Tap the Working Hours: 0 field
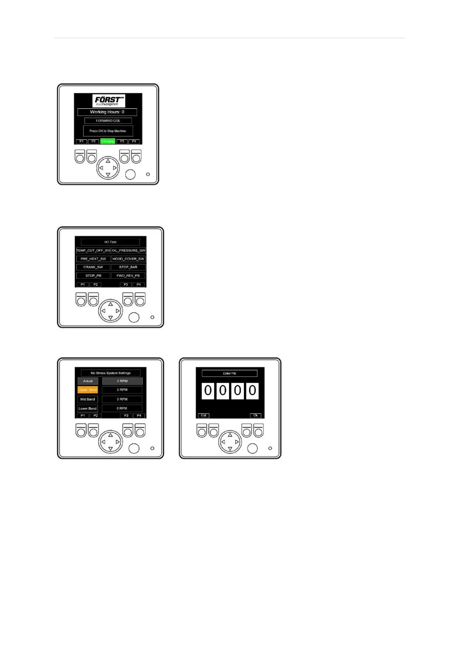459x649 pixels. (x=107, y=112)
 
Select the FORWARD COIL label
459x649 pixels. (x=108, y=121)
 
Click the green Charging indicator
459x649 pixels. (x=108, y=141)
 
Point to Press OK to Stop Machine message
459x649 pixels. (x=108, y=131)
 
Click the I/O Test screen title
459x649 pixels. (x=110, y=242)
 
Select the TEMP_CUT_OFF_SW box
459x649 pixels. (x=93, y=251)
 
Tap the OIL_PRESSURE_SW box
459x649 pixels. (x=128, y=251)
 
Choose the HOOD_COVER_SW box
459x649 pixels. (x=128, y=259)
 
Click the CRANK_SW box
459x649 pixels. (x=93, y=267)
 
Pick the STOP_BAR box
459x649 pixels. (x=128, y=267)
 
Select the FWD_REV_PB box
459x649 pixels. (x=128, y=276)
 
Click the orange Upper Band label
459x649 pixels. (x=88, y=390)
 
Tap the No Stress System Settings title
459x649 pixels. (x=110, y=373)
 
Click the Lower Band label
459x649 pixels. (x=88, y=409)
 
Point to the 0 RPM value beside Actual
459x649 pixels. (x=122, y=381)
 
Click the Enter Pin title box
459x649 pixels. (x=229, y=373)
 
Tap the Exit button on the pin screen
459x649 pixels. (x=204, y=415)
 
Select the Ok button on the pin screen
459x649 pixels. (x=255, y=415)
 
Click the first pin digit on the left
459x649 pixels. (x=208, y=391)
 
